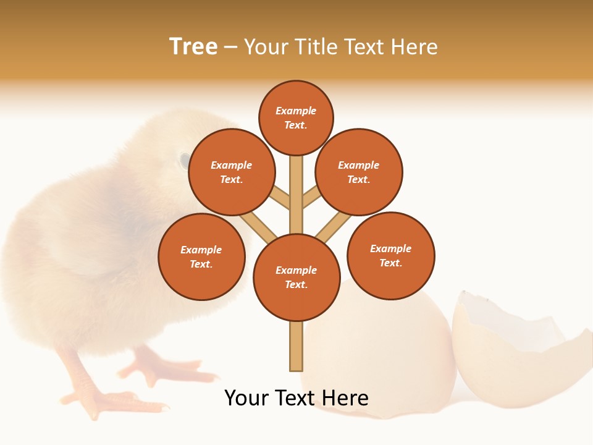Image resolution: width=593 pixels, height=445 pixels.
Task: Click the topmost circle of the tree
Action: pos(296,117)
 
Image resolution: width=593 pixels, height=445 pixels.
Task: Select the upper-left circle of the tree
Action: pos(232,172)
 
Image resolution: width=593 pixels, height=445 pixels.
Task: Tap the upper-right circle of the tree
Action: pos(359,172)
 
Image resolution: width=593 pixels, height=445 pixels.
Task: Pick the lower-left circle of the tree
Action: pos(201,256)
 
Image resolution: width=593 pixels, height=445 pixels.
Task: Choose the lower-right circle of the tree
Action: pos(391,255)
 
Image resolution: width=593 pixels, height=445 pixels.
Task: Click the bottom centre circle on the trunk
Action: pos(296,278)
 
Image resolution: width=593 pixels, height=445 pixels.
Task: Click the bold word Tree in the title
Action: pos(193,46)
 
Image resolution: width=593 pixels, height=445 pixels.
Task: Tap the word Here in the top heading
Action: pos(414,46)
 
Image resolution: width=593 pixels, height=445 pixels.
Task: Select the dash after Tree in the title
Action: pos(230,47)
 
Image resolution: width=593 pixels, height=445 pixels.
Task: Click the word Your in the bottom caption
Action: pos(247,397)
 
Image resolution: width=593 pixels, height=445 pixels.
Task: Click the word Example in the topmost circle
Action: pos(296,111)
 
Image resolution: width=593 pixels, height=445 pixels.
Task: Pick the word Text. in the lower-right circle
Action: pos(391,263)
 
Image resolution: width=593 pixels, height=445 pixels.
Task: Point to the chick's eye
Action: pos(185,161)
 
